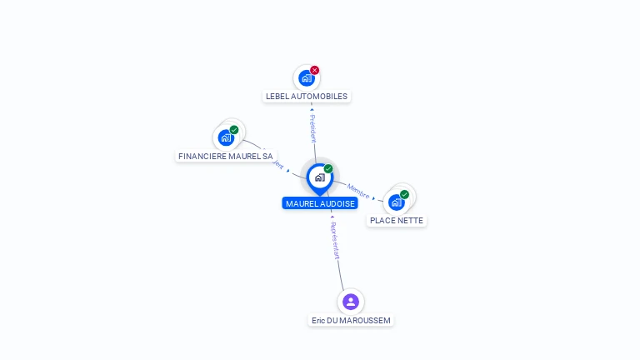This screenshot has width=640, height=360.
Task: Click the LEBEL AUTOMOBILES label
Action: coord(307,97)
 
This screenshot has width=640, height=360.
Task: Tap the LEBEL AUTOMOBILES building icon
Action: coord(306,78)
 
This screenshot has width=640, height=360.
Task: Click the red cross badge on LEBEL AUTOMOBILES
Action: coord(315,70)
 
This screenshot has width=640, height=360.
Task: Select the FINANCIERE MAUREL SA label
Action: coord(226,157)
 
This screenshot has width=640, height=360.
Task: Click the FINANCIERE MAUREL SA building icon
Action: coord(225,137)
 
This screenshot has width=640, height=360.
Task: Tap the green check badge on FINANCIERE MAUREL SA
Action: coord(234,130)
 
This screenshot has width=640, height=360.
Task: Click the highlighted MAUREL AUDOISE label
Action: coord(320,204)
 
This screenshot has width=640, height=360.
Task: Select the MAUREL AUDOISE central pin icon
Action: coord(319,177)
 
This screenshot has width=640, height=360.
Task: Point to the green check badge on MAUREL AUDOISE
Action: coord(328,168)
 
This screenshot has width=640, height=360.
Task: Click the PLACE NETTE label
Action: coord(397,221)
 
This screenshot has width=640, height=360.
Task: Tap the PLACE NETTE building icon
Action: coord(396,202)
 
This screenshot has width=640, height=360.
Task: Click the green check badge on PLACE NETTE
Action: coord(404,194)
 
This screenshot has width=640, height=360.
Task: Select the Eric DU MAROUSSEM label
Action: coord(351,321)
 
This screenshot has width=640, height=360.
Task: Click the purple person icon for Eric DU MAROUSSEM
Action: coord(351,301)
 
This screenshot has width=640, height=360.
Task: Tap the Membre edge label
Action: coord(358,190)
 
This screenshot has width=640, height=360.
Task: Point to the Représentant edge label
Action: coord(335,241)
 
